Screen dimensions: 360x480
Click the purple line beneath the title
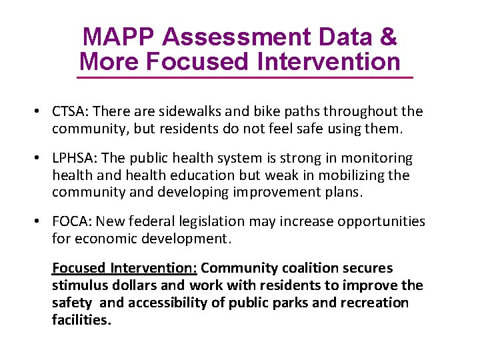(245, 78)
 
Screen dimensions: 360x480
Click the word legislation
(232, 221)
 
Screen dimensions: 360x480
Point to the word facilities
(81, 320)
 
